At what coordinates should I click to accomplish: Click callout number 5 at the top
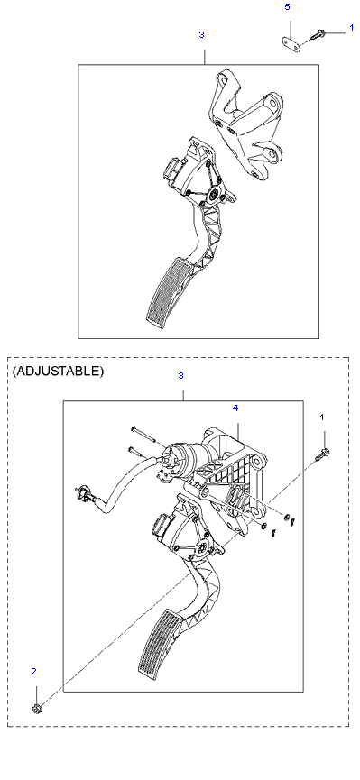[x=287, y=7]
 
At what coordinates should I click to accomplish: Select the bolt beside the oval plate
[x=318, y=35]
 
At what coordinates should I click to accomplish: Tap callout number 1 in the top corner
[x=352, y=28]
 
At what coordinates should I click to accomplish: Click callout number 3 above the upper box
[x=201, y=35]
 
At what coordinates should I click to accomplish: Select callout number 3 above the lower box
[x=181, y=376]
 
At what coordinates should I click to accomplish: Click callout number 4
[x=235, y=408]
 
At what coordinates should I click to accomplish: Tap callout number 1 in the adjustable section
[x=322, y=416]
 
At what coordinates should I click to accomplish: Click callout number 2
[x=34, y=672]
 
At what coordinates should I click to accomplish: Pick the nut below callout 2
[x=36, y=708]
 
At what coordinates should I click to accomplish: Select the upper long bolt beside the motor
[x=143, y=434]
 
